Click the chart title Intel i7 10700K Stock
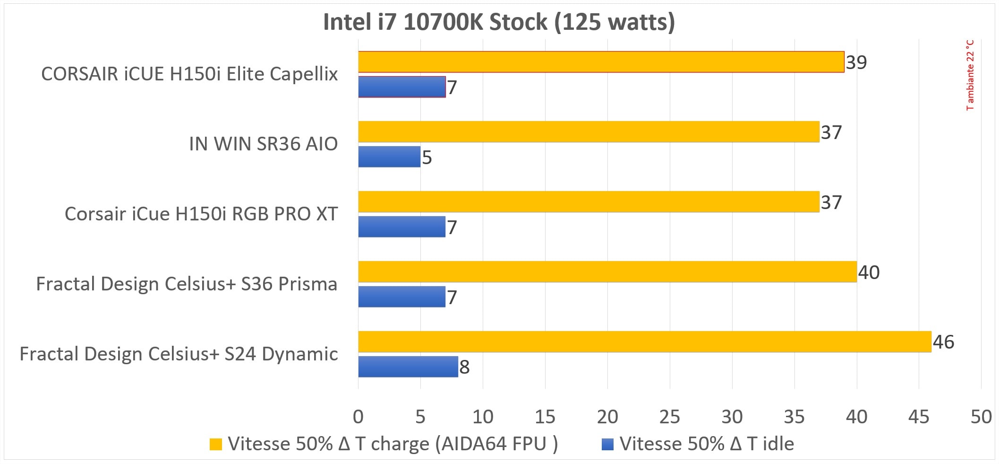pos(499,22)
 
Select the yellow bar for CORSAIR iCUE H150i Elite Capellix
pos(601,62)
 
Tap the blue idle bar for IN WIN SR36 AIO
pos(389,157)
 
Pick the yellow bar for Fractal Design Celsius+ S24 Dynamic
pos(644,341)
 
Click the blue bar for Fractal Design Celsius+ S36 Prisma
pos(401,297)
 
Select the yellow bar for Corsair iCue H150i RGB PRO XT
pos(589,202)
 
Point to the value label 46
pos(943,342)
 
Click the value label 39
pos(856,62)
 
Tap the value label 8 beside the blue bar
pos(464,367)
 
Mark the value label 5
pos(427,158)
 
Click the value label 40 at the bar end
pos(869,272)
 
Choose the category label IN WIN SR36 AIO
pos(263,144)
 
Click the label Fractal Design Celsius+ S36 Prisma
pos(187,284)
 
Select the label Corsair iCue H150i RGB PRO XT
pos(201,214)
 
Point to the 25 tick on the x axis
pos(669,417)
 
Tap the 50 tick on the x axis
pos(981,417)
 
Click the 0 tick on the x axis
pos(358,417)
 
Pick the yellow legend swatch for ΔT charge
pos(216,444)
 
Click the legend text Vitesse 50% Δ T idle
pos(706,444)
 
